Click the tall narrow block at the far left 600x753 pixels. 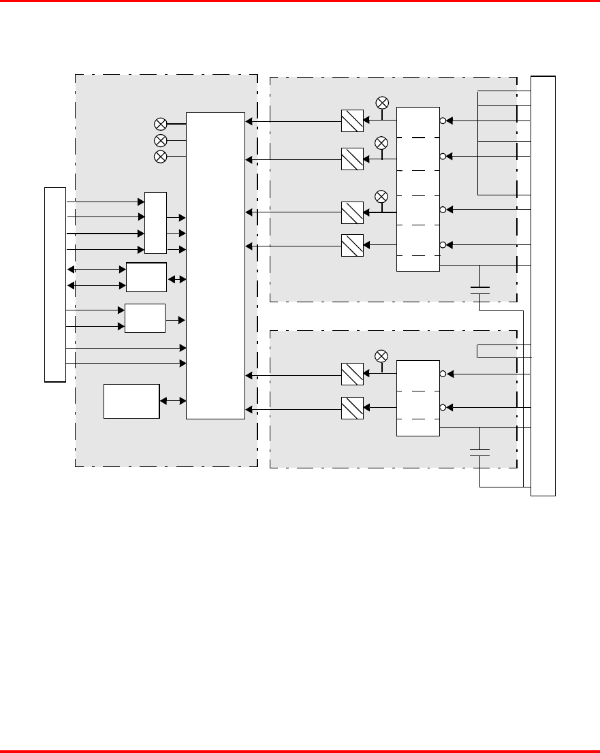pos(54,284)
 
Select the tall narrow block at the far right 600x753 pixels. pos(543,286)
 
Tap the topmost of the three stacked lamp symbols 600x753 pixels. pos(161,124)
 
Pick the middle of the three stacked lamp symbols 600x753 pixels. pos(161,140)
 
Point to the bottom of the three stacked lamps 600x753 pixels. pos(161,157)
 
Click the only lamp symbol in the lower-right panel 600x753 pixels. pos(382,356)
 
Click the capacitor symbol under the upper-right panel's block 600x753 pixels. pos(480,291)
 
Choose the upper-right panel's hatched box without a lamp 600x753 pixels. pos(351,245)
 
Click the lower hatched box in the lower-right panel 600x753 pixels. pos(351,408)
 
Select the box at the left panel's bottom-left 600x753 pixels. pos(131,401)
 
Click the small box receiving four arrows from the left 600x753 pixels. pos(155,224)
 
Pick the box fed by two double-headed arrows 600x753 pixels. pos(146,277)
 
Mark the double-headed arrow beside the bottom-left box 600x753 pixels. pos(172,401)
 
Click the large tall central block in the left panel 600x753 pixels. pos(215,266)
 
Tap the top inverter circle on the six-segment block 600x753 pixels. pos(443,122)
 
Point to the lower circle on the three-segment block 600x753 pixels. pos(443,408)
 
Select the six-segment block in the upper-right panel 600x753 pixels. pos(418,189)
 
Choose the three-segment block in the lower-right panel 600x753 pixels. pos(418,398)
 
